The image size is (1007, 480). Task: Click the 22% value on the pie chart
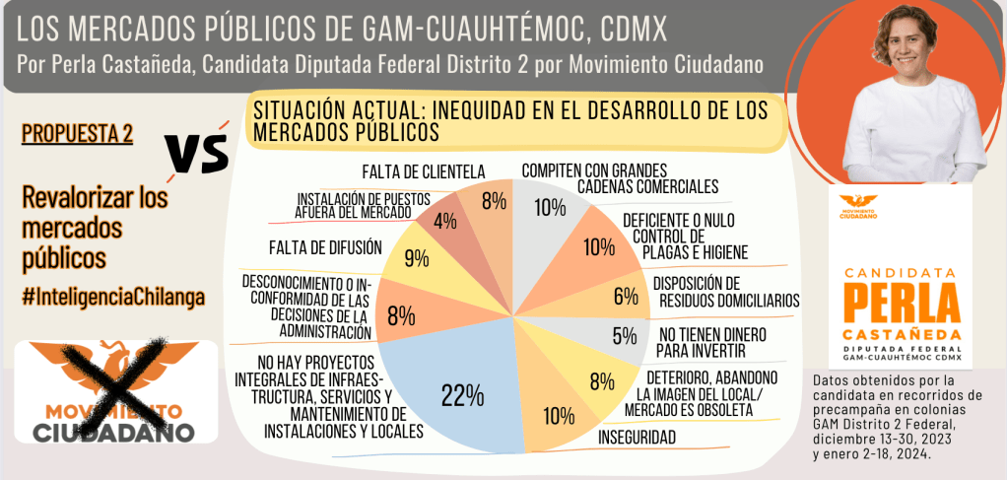tap(462, 395)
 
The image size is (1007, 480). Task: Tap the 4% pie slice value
tap(444, 220)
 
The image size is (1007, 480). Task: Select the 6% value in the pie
tap(626, 296)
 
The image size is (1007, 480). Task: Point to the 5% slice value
tap(624, 337)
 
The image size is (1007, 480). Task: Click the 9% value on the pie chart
tap(417, 259)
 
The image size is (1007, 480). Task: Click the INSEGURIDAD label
tap(636, 436)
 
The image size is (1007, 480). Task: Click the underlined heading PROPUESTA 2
tap(77, 135)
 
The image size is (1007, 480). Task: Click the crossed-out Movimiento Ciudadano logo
tap(110, 390)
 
